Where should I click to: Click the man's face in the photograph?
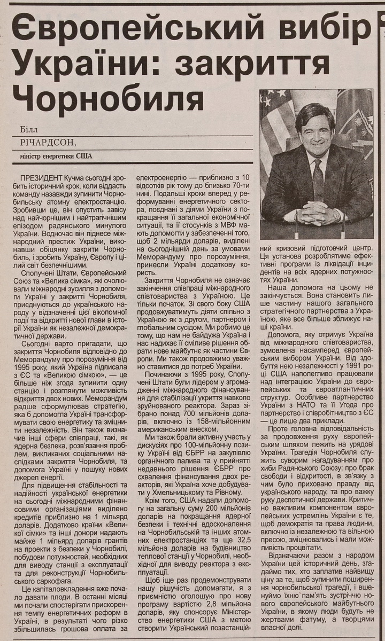[315, 131]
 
